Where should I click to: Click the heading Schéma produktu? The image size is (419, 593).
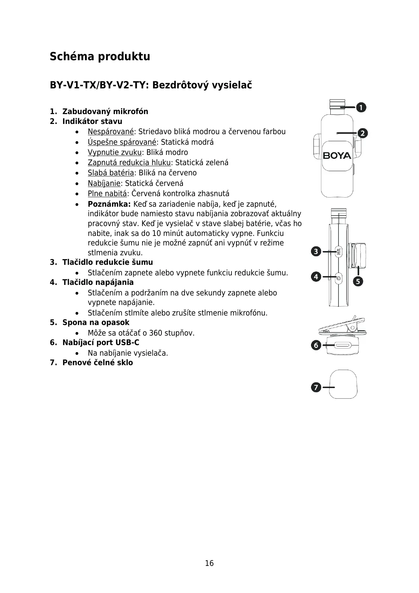point(100,56)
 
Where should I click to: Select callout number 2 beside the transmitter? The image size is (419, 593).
point(363,133)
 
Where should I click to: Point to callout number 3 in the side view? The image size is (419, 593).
point(316,251)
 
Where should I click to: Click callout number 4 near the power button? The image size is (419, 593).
point(316,277)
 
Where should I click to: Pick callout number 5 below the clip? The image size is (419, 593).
point(358,281)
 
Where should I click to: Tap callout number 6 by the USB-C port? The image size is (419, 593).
point(316,345)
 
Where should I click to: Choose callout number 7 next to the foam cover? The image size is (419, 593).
point(316,387)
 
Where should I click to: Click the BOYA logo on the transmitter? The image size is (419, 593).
point(337,156)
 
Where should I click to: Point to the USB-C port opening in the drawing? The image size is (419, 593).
point(342,346)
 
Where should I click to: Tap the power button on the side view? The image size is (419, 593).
point(338,278)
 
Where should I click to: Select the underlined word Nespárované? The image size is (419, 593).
point(111,132)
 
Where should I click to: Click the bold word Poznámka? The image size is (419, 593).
point(109,204)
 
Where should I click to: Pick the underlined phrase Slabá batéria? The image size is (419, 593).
point(111,173)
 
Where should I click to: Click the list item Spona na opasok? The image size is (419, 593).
point(96,323)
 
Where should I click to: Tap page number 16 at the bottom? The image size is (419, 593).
point(209,563)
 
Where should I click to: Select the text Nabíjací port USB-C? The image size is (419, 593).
point(101,343)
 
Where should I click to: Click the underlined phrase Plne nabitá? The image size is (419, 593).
point(107,194)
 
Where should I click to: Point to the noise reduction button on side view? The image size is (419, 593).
point(338,252)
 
